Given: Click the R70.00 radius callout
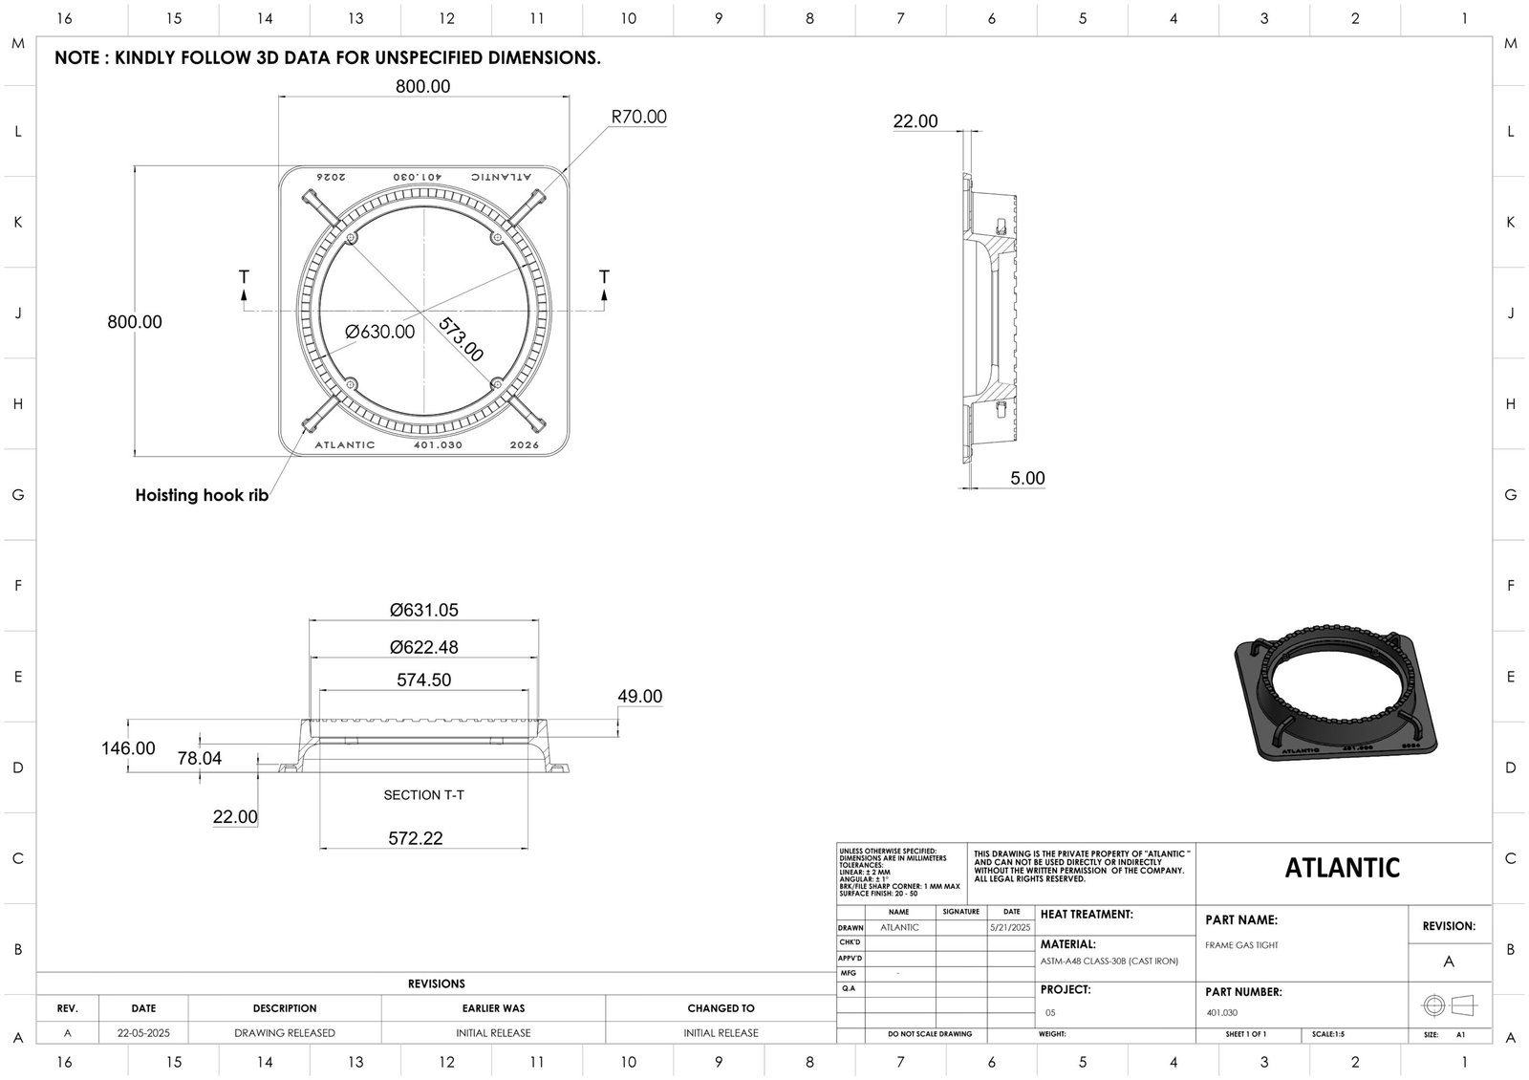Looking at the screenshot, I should (638, 118).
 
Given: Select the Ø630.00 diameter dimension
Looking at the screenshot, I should (380, 332).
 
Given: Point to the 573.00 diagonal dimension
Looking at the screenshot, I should (461, 339).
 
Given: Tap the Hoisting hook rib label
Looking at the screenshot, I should (202, 495).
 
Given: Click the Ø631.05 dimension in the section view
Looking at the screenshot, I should (423, 610).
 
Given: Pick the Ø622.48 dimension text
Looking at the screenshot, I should (423, 647).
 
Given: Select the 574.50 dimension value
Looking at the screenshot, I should (423, 680).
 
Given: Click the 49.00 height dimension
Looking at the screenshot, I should (639, 697).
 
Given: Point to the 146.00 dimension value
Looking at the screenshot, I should (128, 748).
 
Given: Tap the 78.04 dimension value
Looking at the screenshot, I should (200, 759).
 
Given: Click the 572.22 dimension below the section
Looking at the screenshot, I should (415, 838).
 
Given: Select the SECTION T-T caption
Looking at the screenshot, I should (423, 795).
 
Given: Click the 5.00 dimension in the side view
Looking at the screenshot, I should (1027, 478).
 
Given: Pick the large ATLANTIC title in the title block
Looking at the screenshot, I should (1342, 868).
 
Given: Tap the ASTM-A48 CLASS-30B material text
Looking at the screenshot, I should (1109, 961).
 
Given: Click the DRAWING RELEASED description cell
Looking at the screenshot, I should (285, 1033).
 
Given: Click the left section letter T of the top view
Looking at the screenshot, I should (244, 277).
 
